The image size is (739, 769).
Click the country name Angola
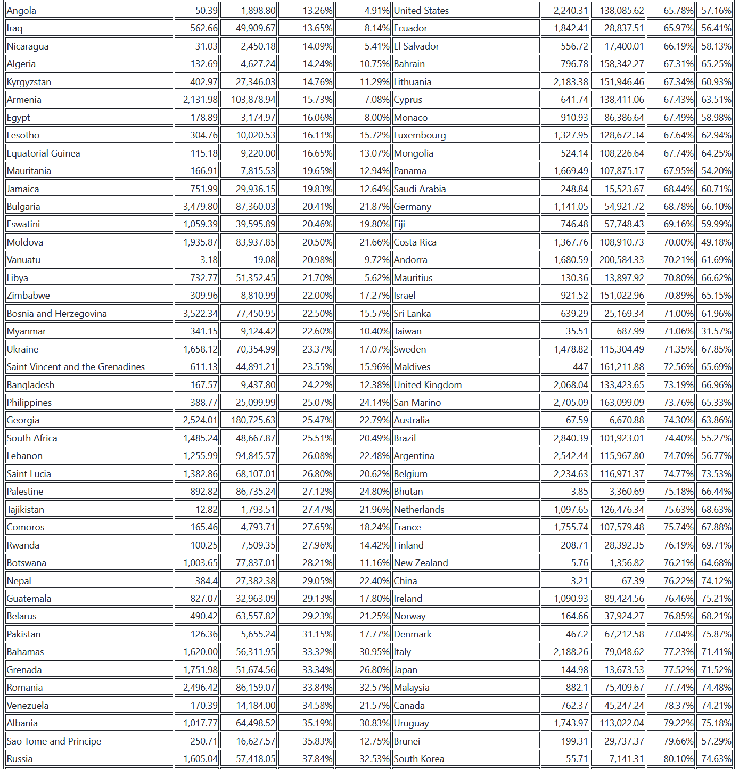click(22, 11)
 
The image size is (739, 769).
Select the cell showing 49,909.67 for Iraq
click(256, 28)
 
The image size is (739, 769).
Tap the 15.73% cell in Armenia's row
click(317, 100)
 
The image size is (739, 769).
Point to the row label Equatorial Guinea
click(43, 153)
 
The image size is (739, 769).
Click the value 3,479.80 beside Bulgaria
click(200, 207)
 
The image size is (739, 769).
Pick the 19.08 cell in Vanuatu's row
click(264, 260)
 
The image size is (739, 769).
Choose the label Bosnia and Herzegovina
click(56, 314)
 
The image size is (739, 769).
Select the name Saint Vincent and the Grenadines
click(76, 367)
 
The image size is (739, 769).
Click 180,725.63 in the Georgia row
click(253, 420)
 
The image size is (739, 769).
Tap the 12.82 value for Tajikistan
click(207, 510)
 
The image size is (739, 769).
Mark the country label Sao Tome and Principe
click(54, 741)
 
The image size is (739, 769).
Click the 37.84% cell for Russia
click(317, 759)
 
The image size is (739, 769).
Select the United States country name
click(421, 11)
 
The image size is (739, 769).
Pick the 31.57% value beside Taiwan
click(716, 331)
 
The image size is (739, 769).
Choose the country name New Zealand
click(421, 563)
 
